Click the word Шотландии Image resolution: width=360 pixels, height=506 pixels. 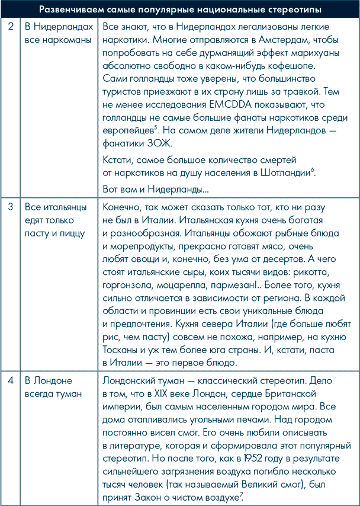[x=286, y=173]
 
